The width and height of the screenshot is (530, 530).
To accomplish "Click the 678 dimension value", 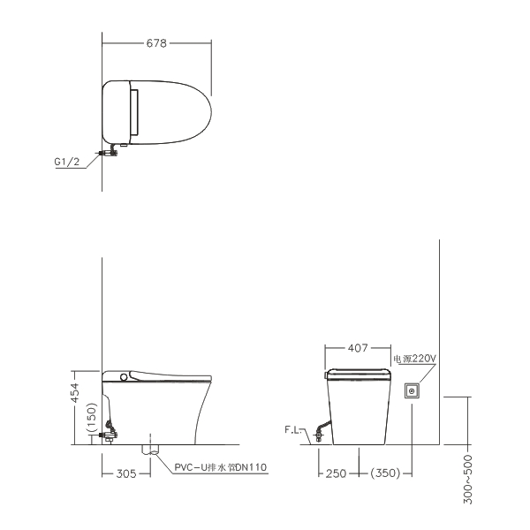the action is tap(156, 43).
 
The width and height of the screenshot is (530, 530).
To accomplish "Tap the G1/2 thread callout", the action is tap(67, 162).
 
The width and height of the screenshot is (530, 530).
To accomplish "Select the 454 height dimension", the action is tap(76, 393).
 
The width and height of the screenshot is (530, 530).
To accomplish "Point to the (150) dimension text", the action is tap(92, 418).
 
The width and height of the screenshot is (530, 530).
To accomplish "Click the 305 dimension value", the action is tap(126, 473).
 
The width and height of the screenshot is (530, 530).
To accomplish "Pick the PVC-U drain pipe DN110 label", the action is tap(220, 467).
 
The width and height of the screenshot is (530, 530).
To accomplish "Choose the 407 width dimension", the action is tap(358, 348).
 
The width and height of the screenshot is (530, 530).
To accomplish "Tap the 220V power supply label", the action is tap(415, 359).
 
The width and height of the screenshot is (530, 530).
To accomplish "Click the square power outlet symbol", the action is tap(412, 391).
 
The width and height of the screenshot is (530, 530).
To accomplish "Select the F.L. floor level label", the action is tap(292, 429).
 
